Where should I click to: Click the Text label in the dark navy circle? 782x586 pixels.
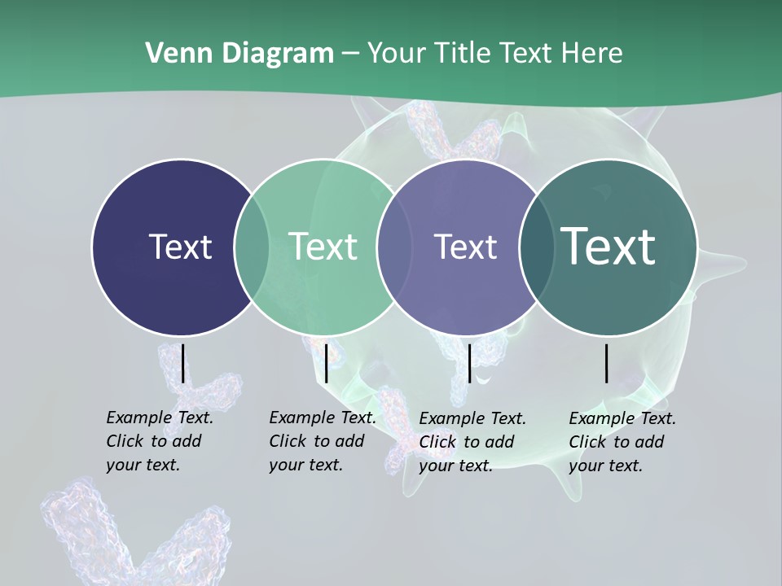[180, 247]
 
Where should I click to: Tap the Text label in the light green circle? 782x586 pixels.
[323, 247]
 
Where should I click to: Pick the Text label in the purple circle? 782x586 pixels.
[465, 247]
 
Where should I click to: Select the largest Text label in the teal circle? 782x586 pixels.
[608, 246]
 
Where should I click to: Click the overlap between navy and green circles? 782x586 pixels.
[252, 247]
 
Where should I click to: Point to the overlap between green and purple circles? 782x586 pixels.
[394, 247]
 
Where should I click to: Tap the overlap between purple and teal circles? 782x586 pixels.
[534, 247]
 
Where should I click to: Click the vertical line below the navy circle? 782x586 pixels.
[182, 363]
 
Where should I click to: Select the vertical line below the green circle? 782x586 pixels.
[326, 363]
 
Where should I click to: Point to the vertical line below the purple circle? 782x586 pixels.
[469, 363]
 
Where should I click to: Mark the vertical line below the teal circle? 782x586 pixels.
[607, 363]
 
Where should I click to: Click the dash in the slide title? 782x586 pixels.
[351, 55]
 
